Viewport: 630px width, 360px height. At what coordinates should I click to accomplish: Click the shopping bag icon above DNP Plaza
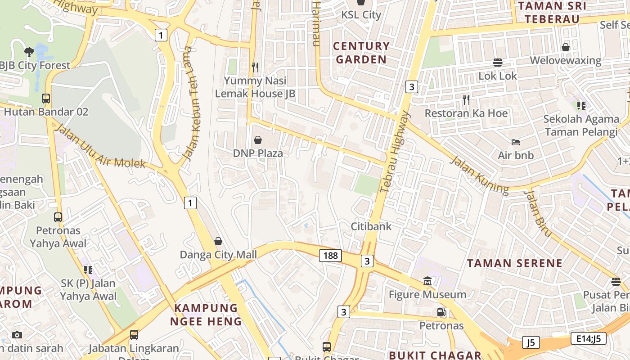(258, 140)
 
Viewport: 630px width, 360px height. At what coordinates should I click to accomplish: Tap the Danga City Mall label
(218, 255)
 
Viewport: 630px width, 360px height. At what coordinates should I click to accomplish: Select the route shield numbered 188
(330, 256)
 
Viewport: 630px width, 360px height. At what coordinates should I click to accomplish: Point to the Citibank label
(371, 226)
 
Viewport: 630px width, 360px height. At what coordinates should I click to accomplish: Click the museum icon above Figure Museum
(427, 281)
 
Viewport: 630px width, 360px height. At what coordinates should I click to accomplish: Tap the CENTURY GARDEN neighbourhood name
(361, 53)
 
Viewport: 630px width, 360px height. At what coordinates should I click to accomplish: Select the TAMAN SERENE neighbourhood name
(514, 263)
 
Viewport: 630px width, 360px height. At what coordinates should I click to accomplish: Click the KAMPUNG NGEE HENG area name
(206, 315)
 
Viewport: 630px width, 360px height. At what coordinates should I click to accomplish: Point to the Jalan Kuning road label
(480, 175)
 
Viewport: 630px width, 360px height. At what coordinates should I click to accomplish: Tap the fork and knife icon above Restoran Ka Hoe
(466, 99)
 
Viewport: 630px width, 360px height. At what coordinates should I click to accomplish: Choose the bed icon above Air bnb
(516, 142)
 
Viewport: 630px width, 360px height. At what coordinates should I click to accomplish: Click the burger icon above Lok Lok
(498, 62)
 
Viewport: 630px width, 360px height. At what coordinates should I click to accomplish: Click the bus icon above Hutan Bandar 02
(45, 98)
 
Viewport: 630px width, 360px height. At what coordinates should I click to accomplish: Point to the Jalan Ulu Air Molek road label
(100, 148)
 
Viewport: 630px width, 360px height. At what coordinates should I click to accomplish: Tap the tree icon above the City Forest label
(29, 52)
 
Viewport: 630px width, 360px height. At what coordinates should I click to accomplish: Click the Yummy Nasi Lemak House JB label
(255, 87)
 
